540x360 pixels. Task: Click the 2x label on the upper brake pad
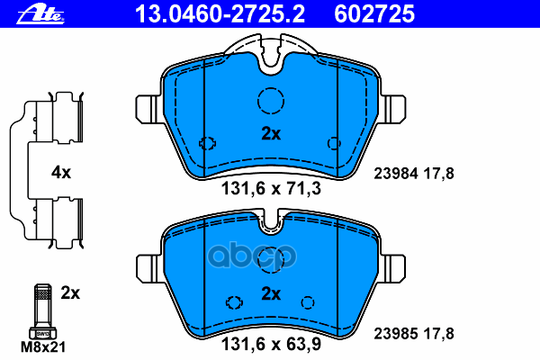tap(271, 134)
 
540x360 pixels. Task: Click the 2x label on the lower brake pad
tap(271, 293)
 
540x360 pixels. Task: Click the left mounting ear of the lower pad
tap(148, 267)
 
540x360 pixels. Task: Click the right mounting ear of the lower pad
tap(393, 267)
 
